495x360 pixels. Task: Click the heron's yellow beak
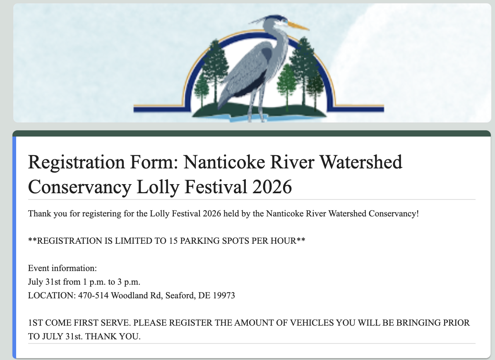298,26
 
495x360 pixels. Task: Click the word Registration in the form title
77,163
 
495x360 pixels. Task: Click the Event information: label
62,268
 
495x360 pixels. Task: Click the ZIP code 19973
224,295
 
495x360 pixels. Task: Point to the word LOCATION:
52,295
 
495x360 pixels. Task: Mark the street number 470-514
93,295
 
